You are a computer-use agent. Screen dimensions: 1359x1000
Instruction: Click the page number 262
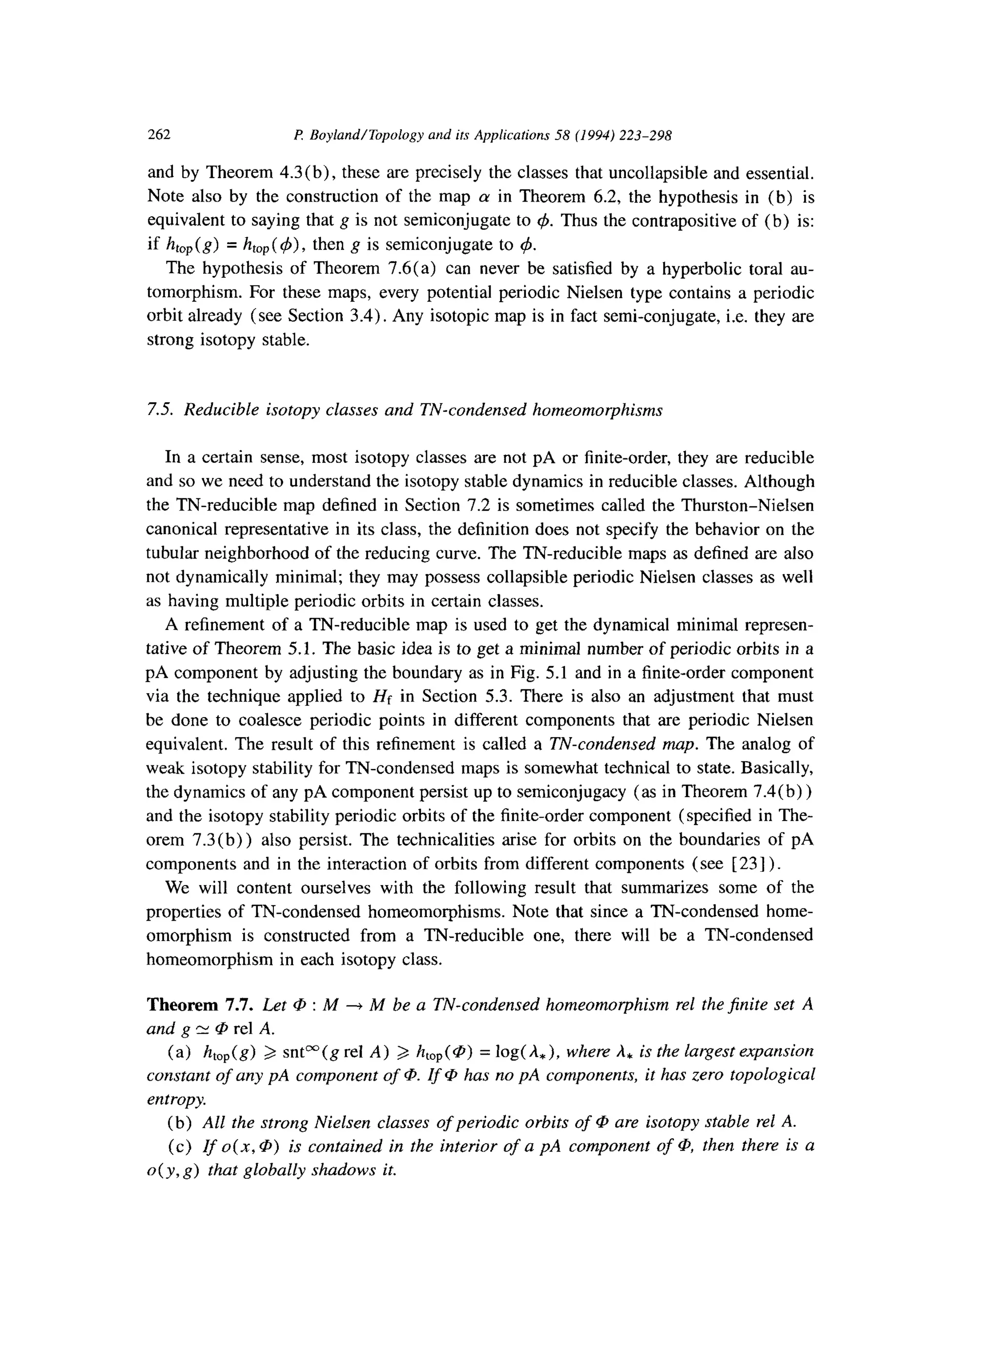(x=159, y=134)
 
